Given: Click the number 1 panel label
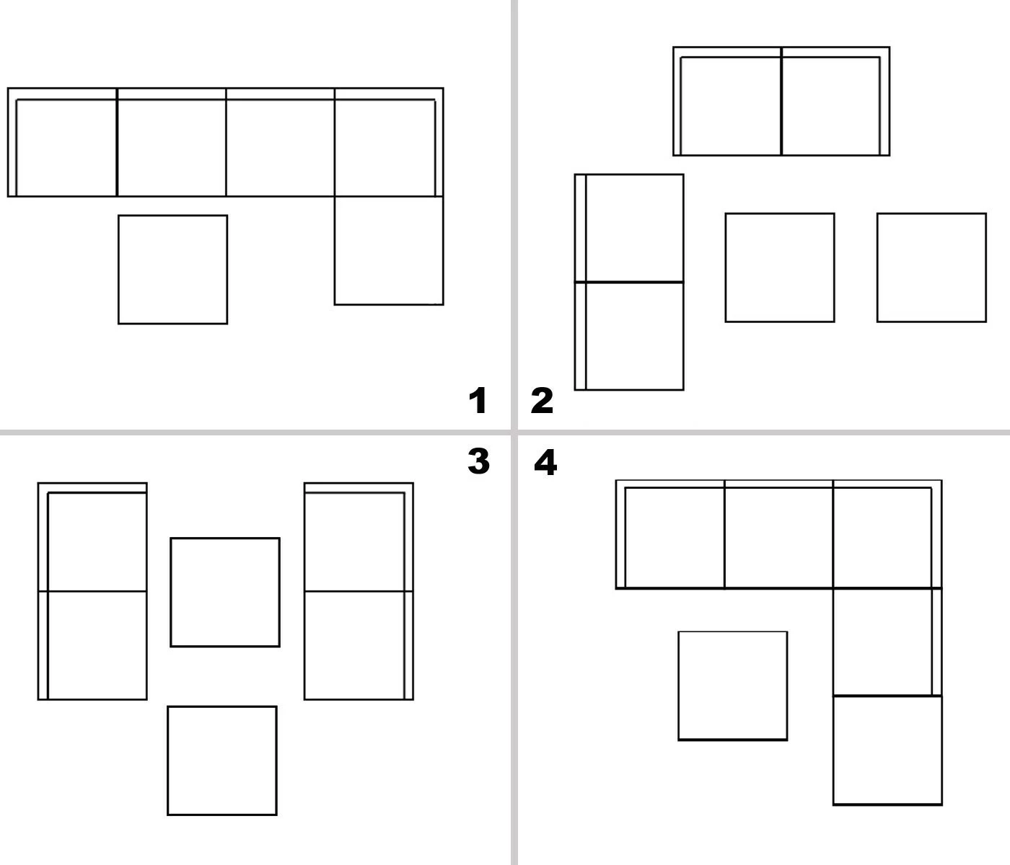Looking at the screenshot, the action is (478, 401).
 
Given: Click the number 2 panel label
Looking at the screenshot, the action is (542, 401).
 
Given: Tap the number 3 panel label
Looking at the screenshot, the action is (478, 461).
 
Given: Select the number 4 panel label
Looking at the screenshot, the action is (545, 462).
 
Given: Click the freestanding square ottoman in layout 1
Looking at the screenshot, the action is (173, 270).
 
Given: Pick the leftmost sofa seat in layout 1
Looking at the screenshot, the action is (63, 143).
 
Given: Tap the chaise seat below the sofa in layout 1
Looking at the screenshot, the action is (389, 251).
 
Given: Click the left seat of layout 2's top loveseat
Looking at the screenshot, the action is (728, 102).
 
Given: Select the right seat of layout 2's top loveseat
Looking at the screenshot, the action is (836, 102).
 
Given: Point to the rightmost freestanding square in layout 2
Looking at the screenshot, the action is (932, 267).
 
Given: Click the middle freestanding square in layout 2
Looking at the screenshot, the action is (780, 267).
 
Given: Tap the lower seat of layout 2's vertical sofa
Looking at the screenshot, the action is (629, 337).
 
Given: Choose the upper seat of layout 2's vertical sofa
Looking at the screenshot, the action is (629, 229).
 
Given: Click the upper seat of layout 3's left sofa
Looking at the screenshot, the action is (92, 538).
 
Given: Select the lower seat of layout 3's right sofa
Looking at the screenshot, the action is (359, 646).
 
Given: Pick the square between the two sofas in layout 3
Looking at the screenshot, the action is (225, 593).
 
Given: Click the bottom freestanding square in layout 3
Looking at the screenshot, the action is (222, 760).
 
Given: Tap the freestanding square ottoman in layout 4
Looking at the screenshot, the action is (733, 686).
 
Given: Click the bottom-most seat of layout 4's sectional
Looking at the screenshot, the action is (888, 750).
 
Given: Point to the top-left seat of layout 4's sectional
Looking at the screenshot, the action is (670, 535).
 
